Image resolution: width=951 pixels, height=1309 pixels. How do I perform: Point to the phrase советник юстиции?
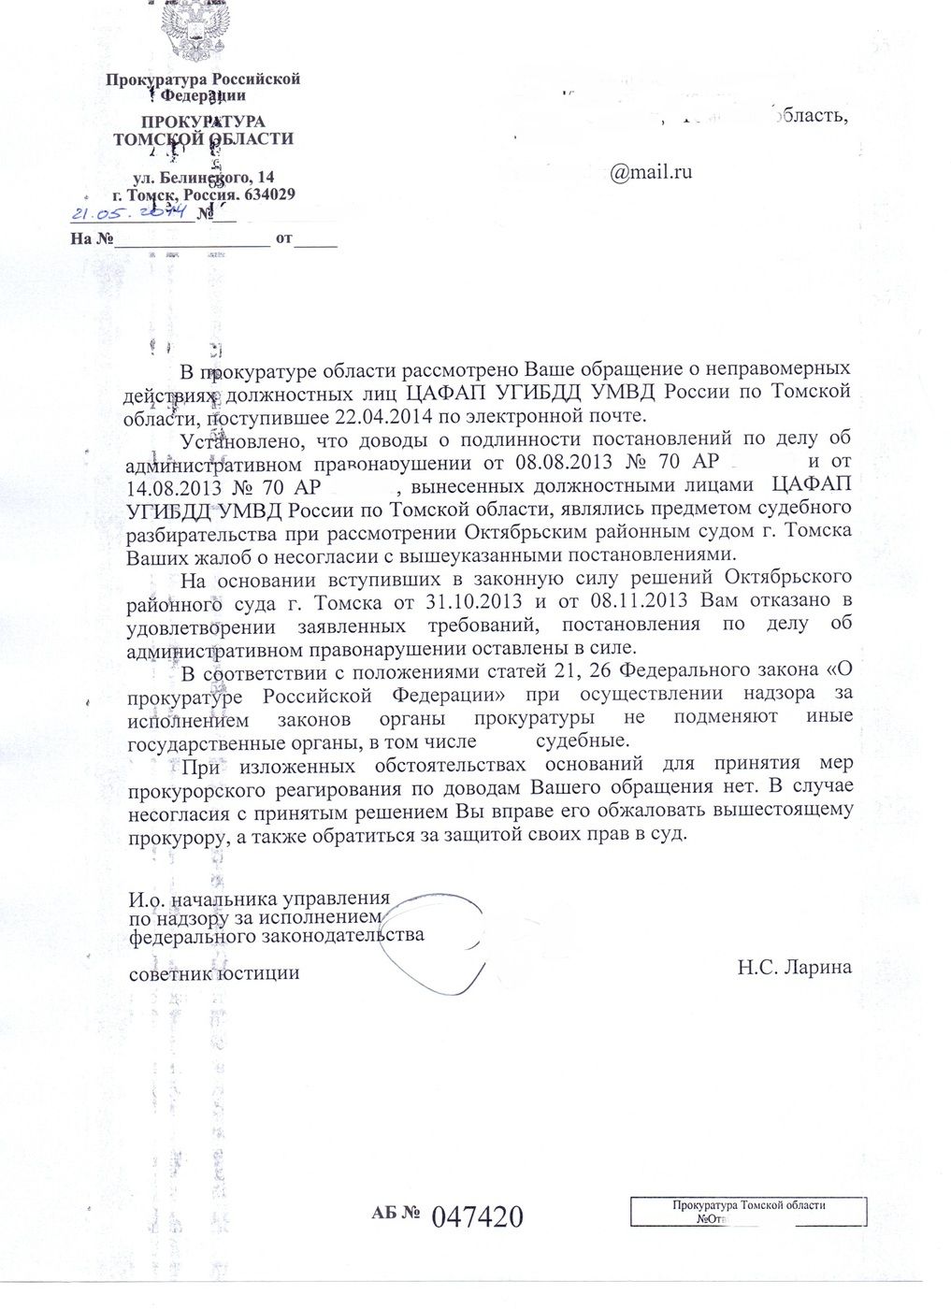[x=214, y=972]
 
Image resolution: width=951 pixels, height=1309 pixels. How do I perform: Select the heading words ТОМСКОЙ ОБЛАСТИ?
[x=202, y=139]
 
